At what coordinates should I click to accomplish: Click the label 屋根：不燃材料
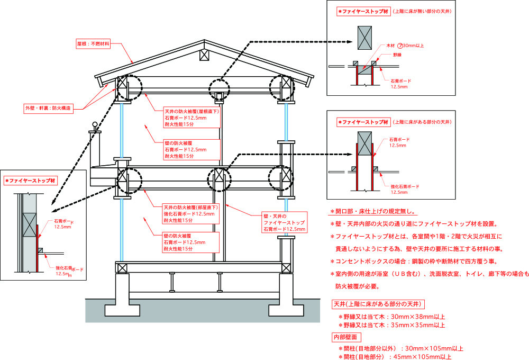[x=93, y=44]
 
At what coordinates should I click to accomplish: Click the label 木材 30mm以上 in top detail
[x=408, y=46]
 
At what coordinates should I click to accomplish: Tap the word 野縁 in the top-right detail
[x=397, y=55]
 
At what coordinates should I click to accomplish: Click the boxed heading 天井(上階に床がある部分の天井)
[x=377, y=304]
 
